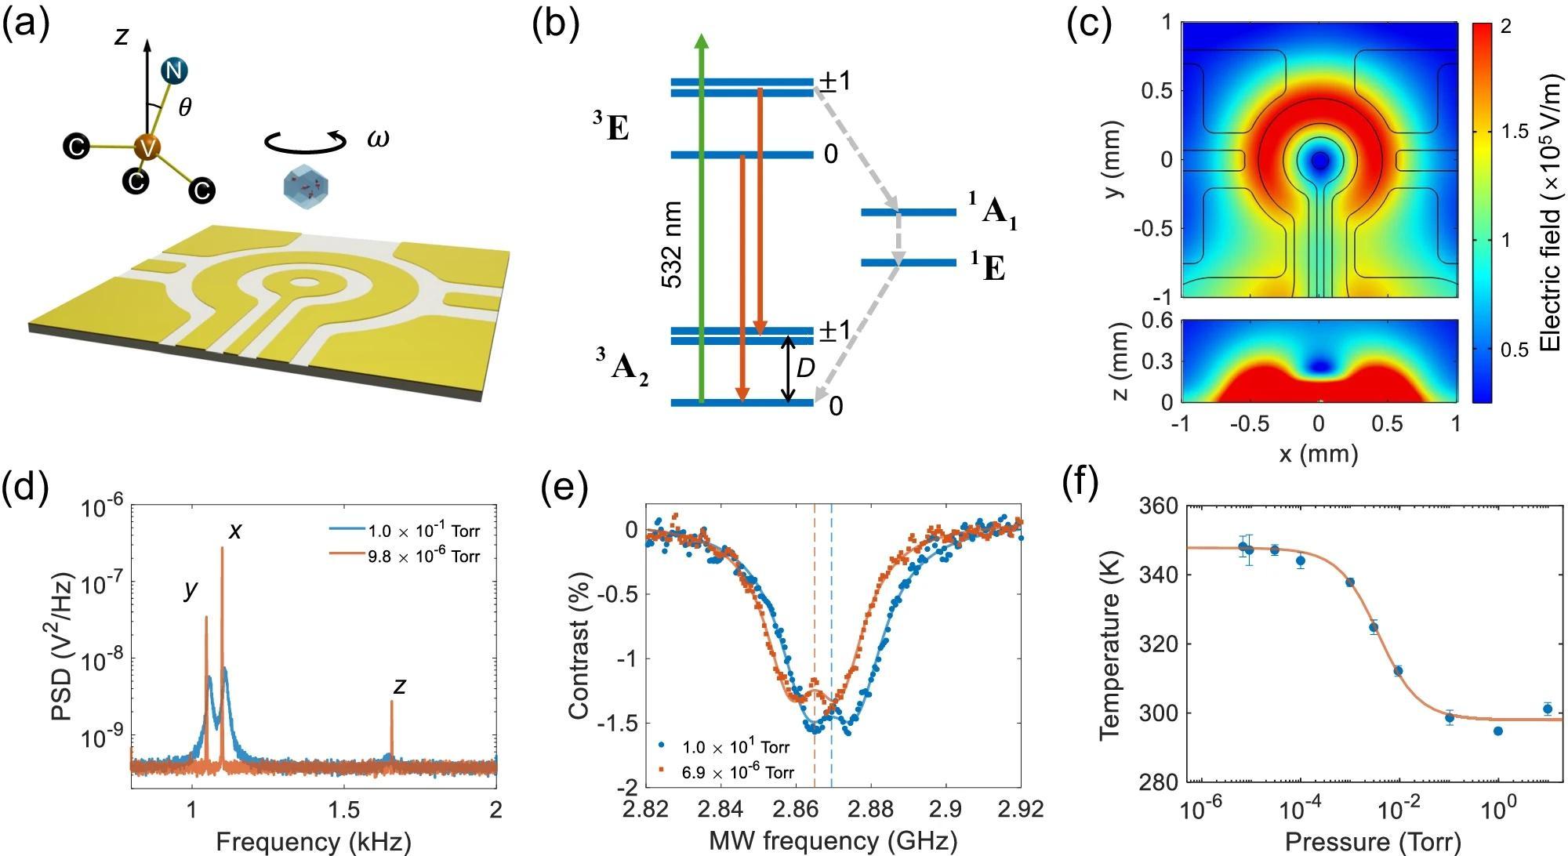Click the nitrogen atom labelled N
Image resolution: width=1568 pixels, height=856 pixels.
(x=173, y=71)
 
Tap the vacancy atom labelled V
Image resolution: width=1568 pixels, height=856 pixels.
(x=147, y=147)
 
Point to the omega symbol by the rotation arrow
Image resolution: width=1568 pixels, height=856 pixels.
(x=378, y=139)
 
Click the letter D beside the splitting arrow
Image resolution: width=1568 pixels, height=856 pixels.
(x=806, y=368)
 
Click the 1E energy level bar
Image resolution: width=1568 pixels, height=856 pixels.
(x=909, y=263)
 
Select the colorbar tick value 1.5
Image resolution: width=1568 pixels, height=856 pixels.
(x=1512, y=132)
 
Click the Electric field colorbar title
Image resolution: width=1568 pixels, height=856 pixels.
(x=1550, y=212)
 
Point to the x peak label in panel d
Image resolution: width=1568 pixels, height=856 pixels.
(x=235, y=531)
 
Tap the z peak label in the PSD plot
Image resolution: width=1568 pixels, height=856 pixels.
(x=400, y=686)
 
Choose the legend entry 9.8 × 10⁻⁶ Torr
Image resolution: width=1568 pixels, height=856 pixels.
(x=423, y=557)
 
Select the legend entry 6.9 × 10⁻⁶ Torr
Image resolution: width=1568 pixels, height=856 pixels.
(x=737, y=772)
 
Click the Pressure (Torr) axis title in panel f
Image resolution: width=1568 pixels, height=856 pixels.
(x=1373, y=841)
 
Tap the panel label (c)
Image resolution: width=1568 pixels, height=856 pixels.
(x=1091, y=26)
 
